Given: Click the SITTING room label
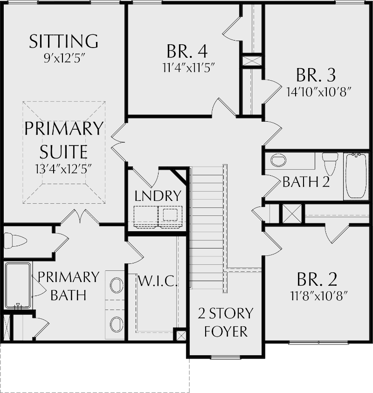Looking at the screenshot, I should coord(63,41).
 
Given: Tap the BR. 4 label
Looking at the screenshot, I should coord(186,50).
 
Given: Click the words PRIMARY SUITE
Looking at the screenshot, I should coord(63,140).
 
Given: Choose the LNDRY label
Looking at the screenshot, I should coord(158,196).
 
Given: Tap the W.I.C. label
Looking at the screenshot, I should coord(157,281).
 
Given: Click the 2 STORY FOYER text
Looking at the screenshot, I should coord(225,322).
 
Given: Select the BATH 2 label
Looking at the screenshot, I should coord(306,181).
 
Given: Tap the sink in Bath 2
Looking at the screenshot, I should coord(278,161).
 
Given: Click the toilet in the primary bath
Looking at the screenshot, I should coord(15,241).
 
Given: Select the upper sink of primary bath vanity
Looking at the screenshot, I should coord(117,284).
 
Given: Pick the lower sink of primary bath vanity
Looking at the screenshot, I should coord(117,323).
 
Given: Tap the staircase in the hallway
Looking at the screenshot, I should coord(207,228).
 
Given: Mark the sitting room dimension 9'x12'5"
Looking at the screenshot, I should coord(63,59).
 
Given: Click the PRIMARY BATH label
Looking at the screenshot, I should coord(68,285).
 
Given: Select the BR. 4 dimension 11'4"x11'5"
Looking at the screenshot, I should coord(186,67).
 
